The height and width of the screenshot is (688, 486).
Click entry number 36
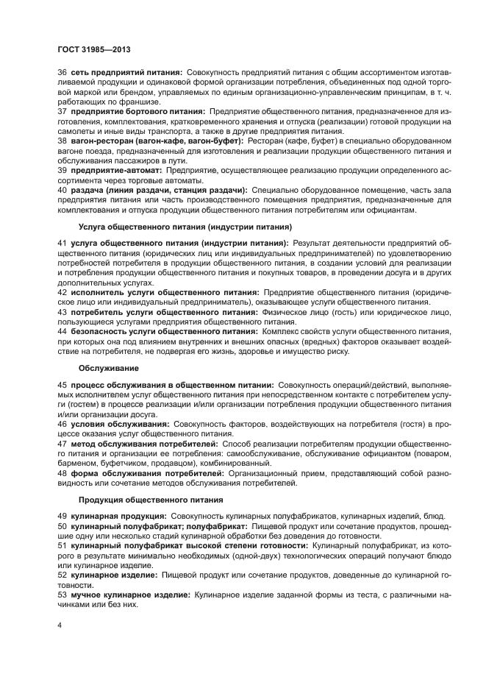[x=62, y=71]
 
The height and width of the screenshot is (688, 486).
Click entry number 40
[x=62, y=190]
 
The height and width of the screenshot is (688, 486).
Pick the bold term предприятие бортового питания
[x=132, y=110]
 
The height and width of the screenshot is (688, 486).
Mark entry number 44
[x=62, y=331]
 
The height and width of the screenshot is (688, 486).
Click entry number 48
[x=62, y=473]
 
